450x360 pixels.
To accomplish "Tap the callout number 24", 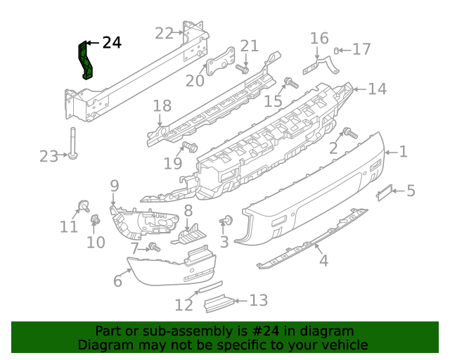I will tap(111, 44).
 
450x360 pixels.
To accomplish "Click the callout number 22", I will tap(164, 33).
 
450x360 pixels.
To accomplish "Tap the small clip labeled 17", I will tap(337, 50).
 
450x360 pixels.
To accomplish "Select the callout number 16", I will tap(319, 37).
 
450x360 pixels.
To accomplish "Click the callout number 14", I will tap(378, 89).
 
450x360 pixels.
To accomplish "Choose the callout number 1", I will tap(403, 150).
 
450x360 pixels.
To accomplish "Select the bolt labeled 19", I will tap(188, 146).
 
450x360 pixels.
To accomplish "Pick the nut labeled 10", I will tap(94, 222).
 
